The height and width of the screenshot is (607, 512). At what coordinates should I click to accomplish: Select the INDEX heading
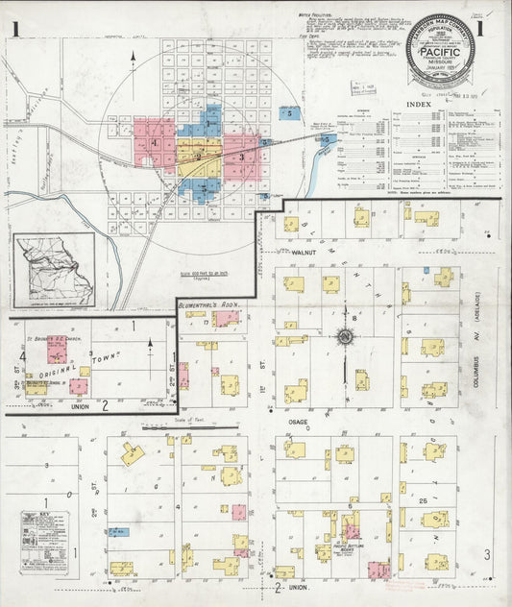tap(419, 103)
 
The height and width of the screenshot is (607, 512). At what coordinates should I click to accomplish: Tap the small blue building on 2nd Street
tap(117, 530)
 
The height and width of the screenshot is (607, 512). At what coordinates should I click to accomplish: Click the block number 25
tap(423, 500)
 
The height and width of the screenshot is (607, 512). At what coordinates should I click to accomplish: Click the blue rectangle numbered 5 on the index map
tap(289, 113)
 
